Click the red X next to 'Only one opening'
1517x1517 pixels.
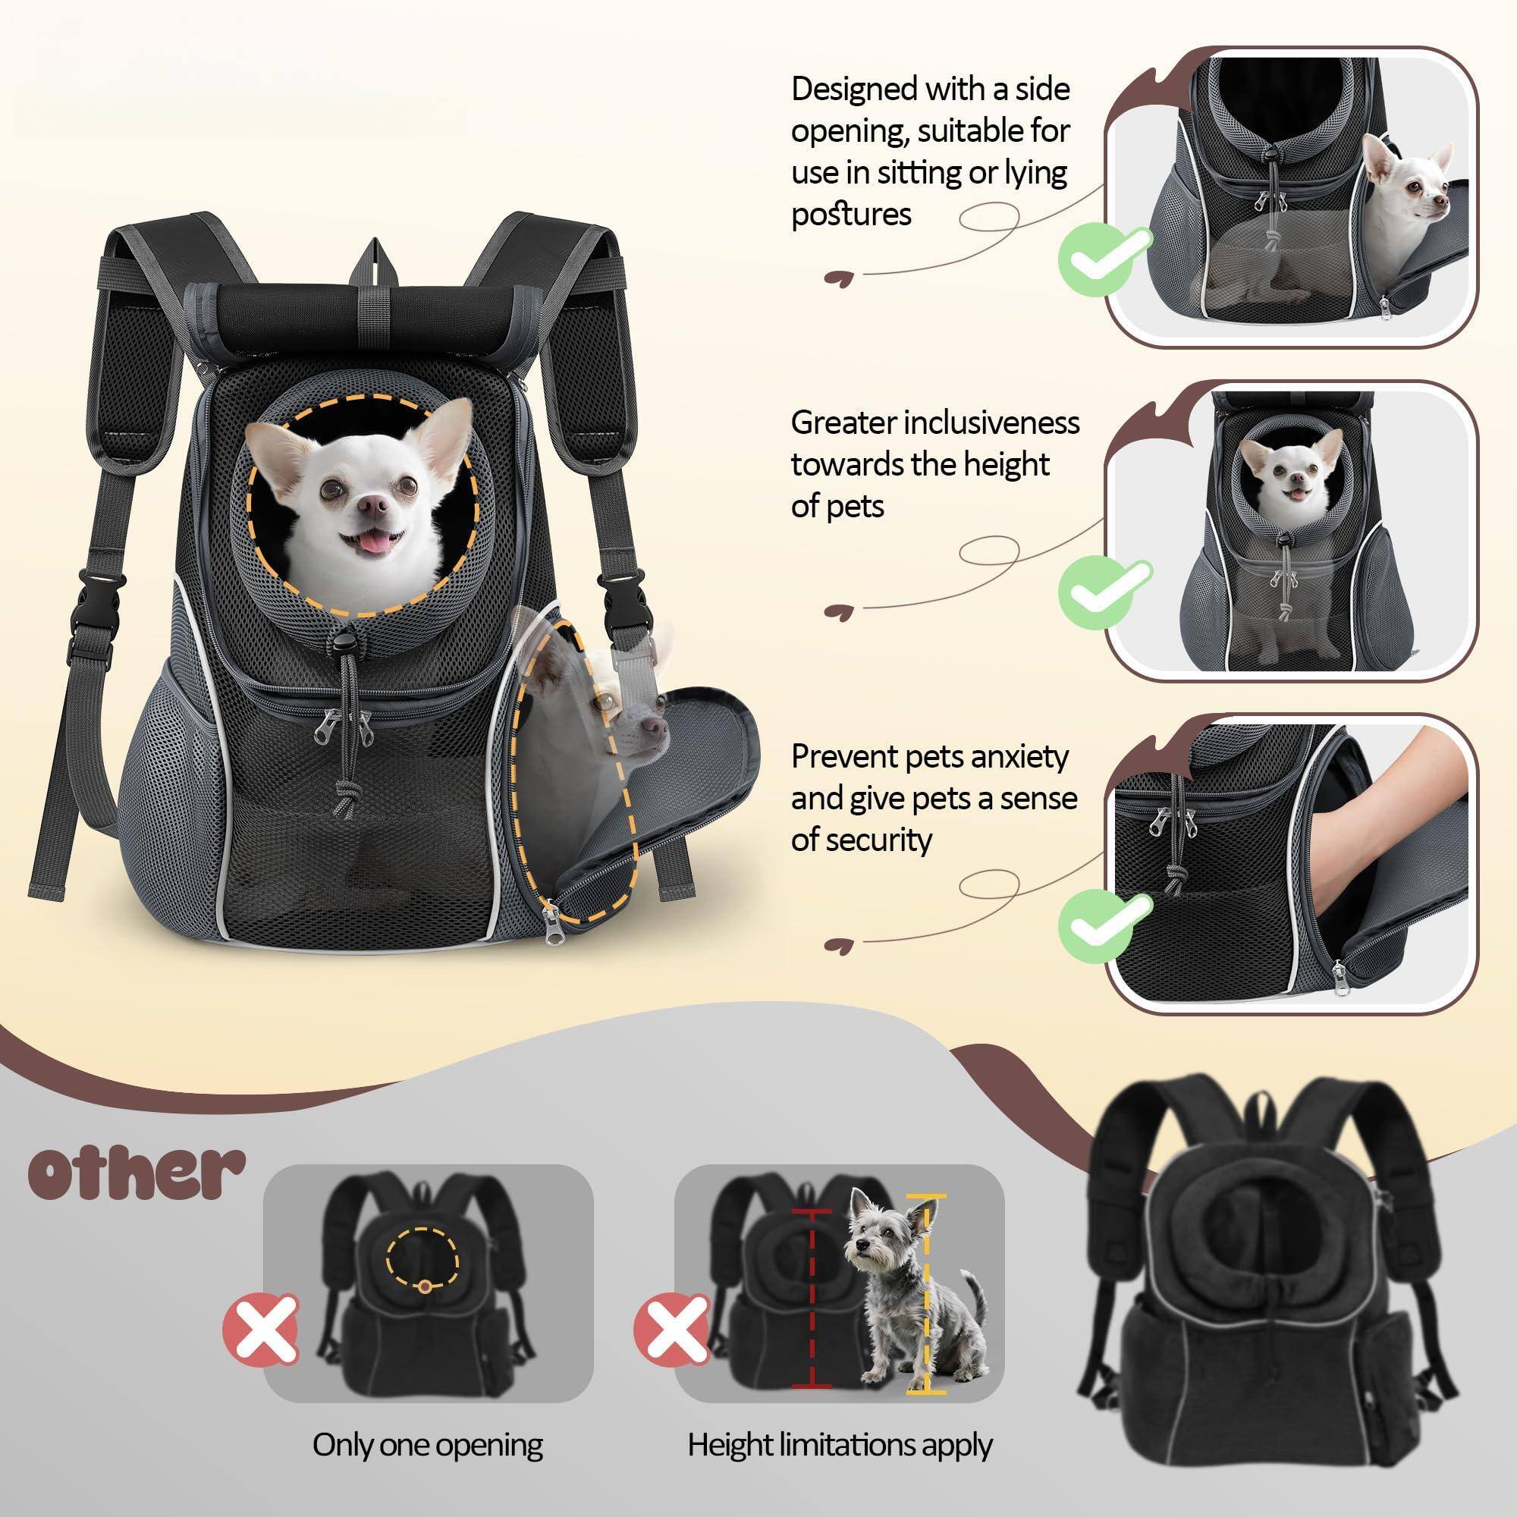261,1330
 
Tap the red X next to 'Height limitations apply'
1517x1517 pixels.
672,1330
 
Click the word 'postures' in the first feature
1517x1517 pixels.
851,215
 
